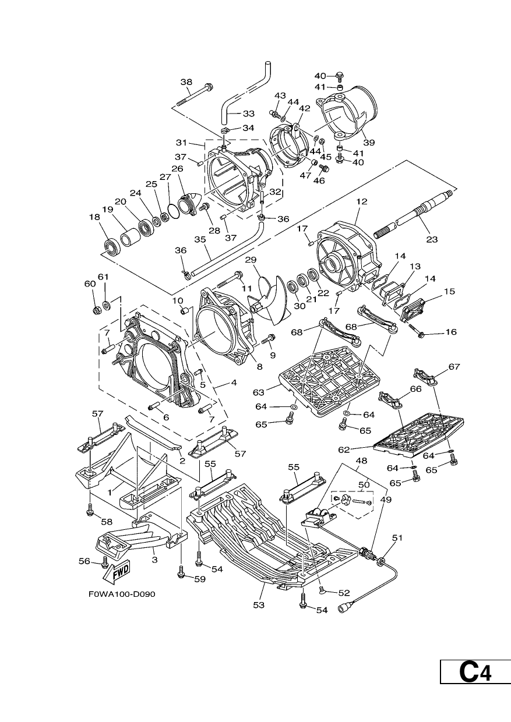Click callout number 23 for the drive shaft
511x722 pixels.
(432, 239)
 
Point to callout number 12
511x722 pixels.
(362, 201)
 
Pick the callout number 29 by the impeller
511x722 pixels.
(251, 260)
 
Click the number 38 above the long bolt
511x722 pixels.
(186, 82)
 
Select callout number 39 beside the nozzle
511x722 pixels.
(369, 143)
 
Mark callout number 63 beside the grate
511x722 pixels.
(259, 392)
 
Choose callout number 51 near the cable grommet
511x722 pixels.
(398, 537)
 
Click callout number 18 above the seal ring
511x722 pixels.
(94, 217)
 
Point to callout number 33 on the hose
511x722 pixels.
(249, 114)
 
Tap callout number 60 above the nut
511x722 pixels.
(90, 284)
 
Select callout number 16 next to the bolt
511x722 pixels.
(451, 332)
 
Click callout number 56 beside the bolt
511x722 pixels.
(84, 561)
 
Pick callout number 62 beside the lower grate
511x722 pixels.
(344, 450)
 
